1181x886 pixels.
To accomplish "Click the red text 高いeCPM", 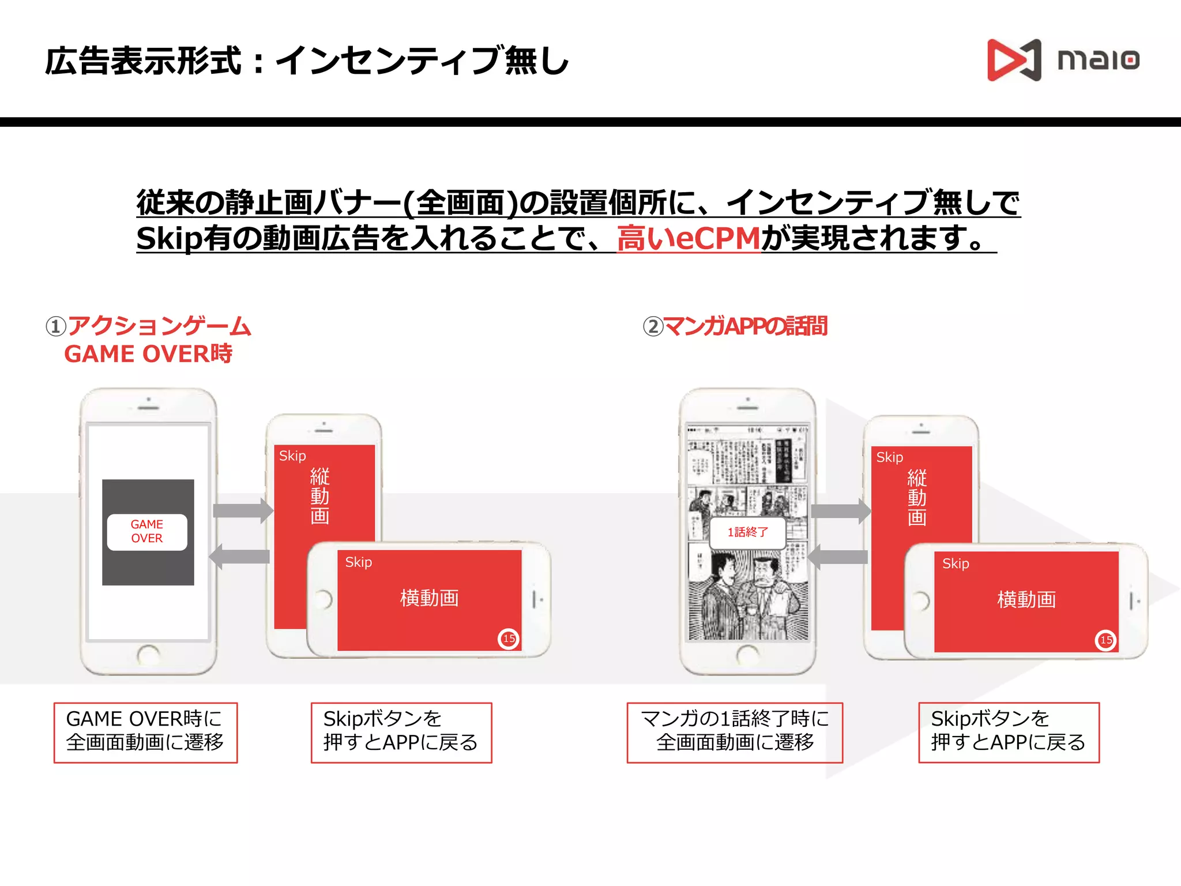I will (x=689, y=238).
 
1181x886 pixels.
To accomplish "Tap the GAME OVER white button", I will (x=147, y=532).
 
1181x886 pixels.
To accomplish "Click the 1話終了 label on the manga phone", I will (x=748, y=532).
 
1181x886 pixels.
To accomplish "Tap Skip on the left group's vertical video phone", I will (x=292, y=456).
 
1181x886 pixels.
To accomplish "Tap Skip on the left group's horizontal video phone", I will (x=358, y=562).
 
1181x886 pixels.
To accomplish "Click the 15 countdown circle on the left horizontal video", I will (x=509, y=639).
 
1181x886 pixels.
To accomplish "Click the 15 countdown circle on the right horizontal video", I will (x=1105, y=640).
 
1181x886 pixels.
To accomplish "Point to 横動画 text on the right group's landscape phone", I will (x=1026, y=600).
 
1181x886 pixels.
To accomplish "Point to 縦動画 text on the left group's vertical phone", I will (x=320, y=496).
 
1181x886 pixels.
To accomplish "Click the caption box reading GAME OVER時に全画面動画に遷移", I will (x=145, y=733).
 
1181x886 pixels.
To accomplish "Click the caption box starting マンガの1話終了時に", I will (x=735, y=733).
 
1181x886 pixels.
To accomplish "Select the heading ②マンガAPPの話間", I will (x=735, y=326).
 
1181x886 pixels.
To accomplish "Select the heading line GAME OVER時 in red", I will (x=148, y=354).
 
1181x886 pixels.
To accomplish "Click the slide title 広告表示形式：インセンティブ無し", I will (x=307, y=61).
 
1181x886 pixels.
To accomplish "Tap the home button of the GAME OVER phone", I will (x=148, y=655).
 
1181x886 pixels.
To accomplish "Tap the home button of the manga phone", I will (x=748, y=655).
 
